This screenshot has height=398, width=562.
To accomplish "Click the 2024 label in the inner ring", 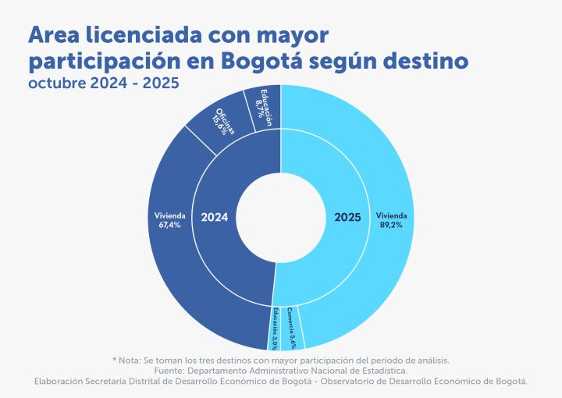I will (x=214, y=218).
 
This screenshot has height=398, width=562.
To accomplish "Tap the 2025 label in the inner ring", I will (x=347, y=218).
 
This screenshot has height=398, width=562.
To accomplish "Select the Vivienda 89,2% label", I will (x=392, y=219).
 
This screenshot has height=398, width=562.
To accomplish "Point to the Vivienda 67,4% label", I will (x=170, y=219).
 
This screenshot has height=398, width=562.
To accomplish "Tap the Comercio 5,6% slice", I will (x=290, y=327).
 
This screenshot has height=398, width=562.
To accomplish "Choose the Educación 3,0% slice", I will (x=276, y=328).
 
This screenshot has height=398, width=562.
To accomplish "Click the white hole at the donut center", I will (x=281, y=218).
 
